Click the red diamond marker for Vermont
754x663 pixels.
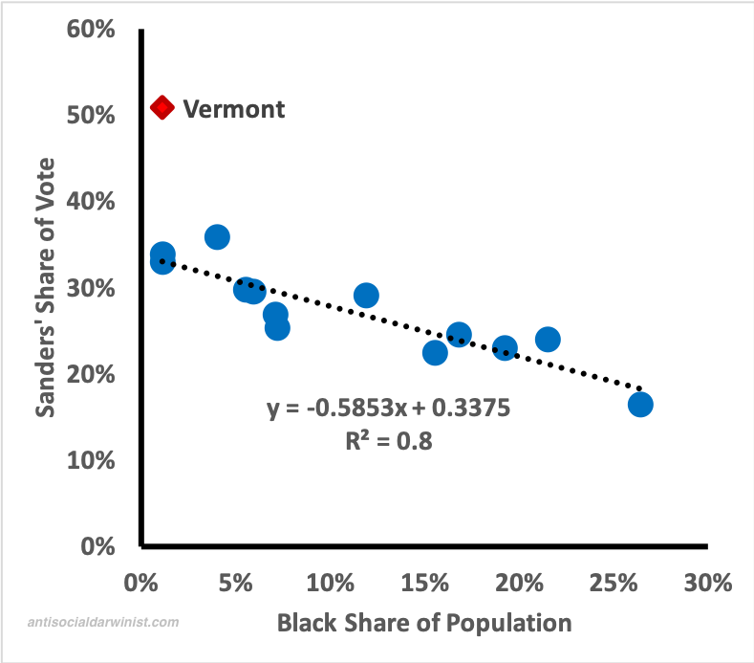pyautogui.click(x=162, y=107)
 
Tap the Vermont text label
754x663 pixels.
pyautogui.click(x=233, y=108)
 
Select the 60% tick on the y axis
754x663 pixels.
pyautogui.click(x=92, y=30)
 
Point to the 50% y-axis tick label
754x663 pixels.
pyautogui.click(x=92, y=116)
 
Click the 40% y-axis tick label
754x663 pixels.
pyautogui.click(x=92, y=202)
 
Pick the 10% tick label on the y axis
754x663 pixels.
pyautogui.click(x=92, y=460)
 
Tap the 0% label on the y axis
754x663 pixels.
pyautogui.click(x=98, y=546)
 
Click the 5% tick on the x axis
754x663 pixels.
pyautogui.click(x=235, y=583)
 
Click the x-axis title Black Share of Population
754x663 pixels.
pyautogui.click(x=424, y=624)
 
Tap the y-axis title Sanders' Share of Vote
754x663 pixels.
pyautogui.click(x=45, y=288)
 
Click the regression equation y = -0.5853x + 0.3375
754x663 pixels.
pyautogui.click(x=389, y=409)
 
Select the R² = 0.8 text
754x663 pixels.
pyautogui.click(x=389, y=441)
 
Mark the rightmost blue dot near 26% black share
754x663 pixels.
pyautogui.click(x=640, y=405)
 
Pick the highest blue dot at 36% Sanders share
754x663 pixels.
pyautogui.click(x=217, y=237)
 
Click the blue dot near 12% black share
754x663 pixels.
pyautogui.click(x=366, y=296)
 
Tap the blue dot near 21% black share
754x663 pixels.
pyautogui.click(x=548, y=339)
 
